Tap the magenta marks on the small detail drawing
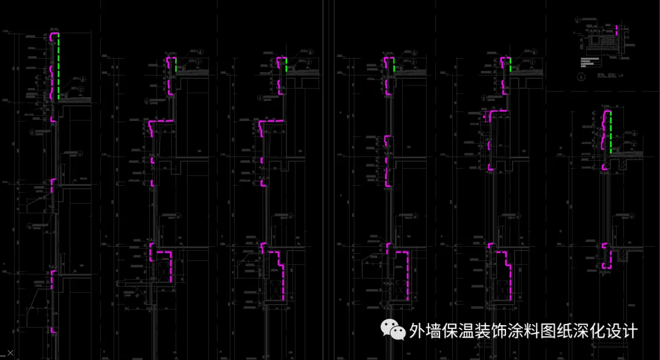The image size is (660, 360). point(617,31)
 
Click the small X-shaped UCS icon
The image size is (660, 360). point(10,353)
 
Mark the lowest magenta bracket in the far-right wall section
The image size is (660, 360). point(607,257)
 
